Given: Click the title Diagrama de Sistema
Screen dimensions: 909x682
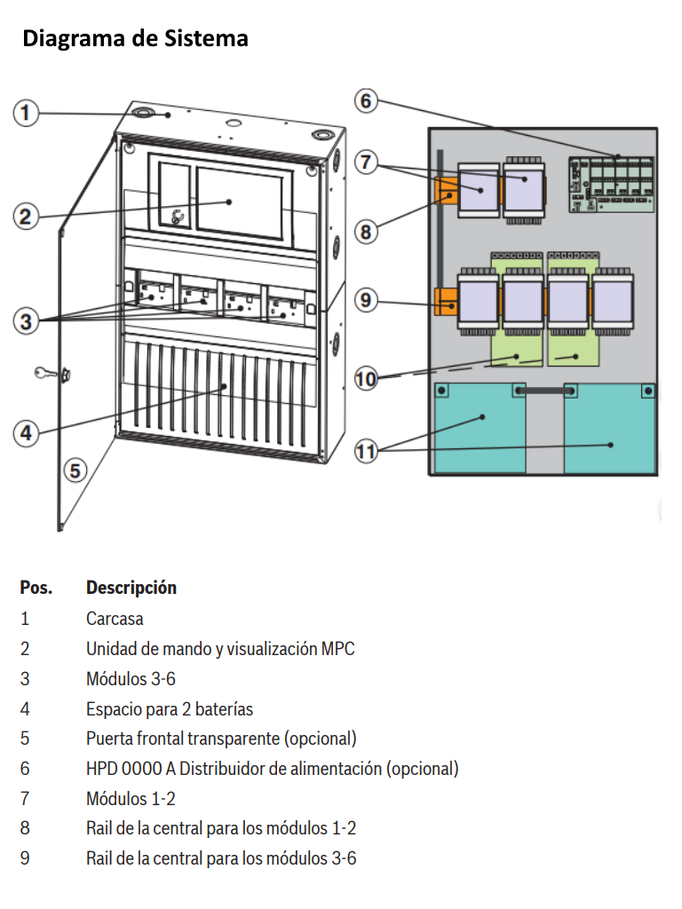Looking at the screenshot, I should coord(135,39).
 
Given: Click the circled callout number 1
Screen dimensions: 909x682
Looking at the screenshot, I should coord(27,113).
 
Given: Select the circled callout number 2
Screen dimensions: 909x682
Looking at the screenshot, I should coord(27,217).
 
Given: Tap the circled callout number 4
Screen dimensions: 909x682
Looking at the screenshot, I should coord(27,433).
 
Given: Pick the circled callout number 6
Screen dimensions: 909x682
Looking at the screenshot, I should coord(366,100).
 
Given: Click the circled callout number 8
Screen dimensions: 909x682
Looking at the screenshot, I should coord(366,233).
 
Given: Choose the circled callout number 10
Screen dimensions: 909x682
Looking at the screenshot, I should coord(366,379).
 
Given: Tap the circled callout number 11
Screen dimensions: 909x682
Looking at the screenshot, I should coord(366,451).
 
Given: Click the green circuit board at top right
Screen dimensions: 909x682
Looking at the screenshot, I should coord(611,185).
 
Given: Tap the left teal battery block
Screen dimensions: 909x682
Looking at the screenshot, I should coord(480,428).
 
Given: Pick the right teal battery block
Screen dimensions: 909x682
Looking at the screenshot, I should coord(611,428).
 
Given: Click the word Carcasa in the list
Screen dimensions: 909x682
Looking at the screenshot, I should coord(115,619).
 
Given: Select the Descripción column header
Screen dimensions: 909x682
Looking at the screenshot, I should coord(131,588).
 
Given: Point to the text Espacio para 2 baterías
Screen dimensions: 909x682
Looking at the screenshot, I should coord(170,709).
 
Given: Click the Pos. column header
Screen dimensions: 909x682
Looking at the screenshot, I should coord(36,588).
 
